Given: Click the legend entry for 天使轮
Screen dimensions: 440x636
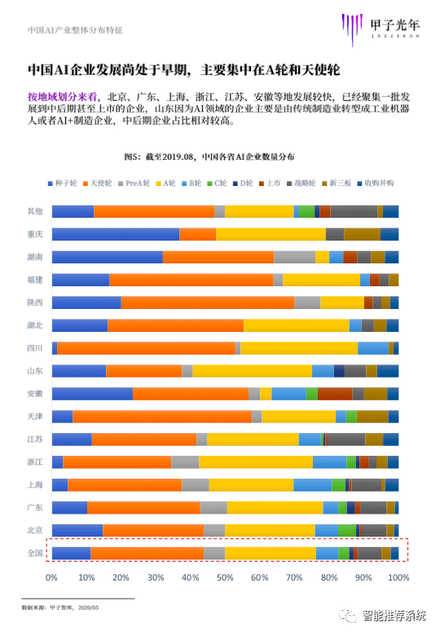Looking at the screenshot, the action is click(x=97, y=183).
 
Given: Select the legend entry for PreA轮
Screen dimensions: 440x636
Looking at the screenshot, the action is click(x=134, y=183).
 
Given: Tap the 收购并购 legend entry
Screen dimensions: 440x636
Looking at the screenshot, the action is click(x=375, y=183).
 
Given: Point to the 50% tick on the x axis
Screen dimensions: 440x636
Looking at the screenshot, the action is click(x=225, y=577).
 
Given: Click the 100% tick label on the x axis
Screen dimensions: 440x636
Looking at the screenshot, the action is click(x=398, y=577).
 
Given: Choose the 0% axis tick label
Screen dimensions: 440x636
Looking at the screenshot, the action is click(x=51, y=577).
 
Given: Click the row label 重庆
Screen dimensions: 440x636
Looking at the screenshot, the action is click(x=35, y=235).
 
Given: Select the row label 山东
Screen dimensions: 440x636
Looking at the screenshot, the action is click(x=35, y=371).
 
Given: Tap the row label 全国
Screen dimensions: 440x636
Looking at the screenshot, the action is click(x=35, y=554).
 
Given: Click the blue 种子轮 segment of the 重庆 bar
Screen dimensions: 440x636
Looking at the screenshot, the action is click(x=116, y=235).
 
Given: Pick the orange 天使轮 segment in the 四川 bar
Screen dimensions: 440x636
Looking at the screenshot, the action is click(x=147, y=348).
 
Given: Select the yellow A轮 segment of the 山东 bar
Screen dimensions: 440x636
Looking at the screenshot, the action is click(x=253, y=371).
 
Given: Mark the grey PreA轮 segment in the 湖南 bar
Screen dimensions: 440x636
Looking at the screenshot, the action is click(x=294, y=257).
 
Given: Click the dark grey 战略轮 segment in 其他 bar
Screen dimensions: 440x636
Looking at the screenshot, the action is click(x=354, y=212).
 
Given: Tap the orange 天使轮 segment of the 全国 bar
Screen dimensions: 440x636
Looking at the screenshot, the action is click(x=147, y=554).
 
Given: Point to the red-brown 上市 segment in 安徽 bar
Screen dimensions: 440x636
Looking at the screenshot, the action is click(x=335, y=394).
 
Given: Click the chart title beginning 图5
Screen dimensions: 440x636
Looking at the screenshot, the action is click(x=209, y=157).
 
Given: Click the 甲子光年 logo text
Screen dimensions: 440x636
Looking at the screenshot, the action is click(x=395, y=24).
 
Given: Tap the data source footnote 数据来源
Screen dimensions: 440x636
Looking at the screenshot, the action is click(x=60, y=607).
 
